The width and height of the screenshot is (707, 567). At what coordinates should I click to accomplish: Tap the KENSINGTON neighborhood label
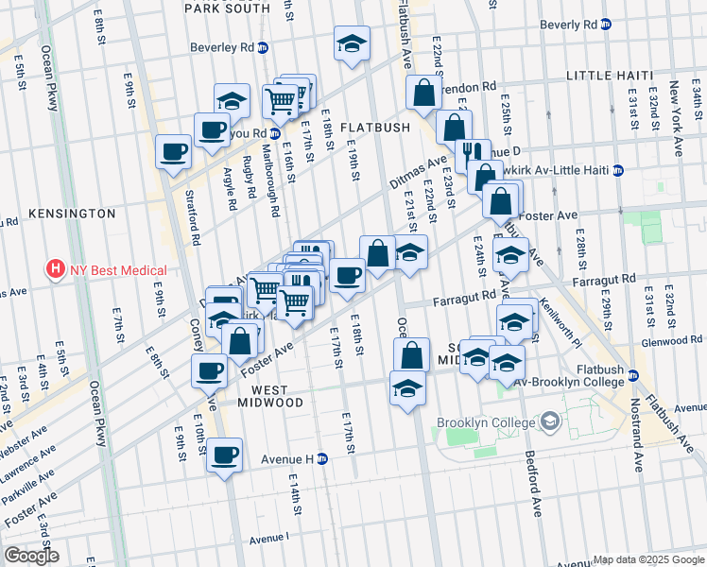coord(72,214)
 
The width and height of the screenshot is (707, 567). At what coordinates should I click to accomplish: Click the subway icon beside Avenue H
coord(321,459)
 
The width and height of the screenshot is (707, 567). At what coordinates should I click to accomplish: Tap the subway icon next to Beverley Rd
coord(263,47)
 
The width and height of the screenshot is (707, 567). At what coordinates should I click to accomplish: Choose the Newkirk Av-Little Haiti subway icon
coord(617,171)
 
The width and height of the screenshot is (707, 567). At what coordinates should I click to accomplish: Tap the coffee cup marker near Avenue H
coord(225,455)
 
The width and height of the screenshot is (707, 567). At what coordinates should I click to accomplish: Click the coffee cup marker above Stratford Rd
coord(174,151)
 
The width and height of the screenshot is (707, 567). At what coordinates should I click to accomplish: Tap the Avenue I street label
coord(268,539)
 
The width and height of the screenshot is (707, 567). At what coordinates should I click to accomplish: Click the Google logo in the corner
coord(31,556)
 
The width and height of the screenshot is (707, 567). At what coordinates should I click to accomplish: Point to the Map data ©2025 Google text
coord(648,559)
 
